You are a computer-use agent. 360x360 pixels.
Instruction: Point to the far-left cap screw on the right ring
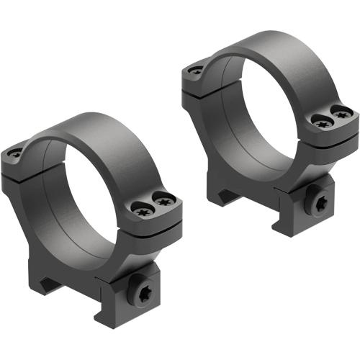point(196,70)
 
